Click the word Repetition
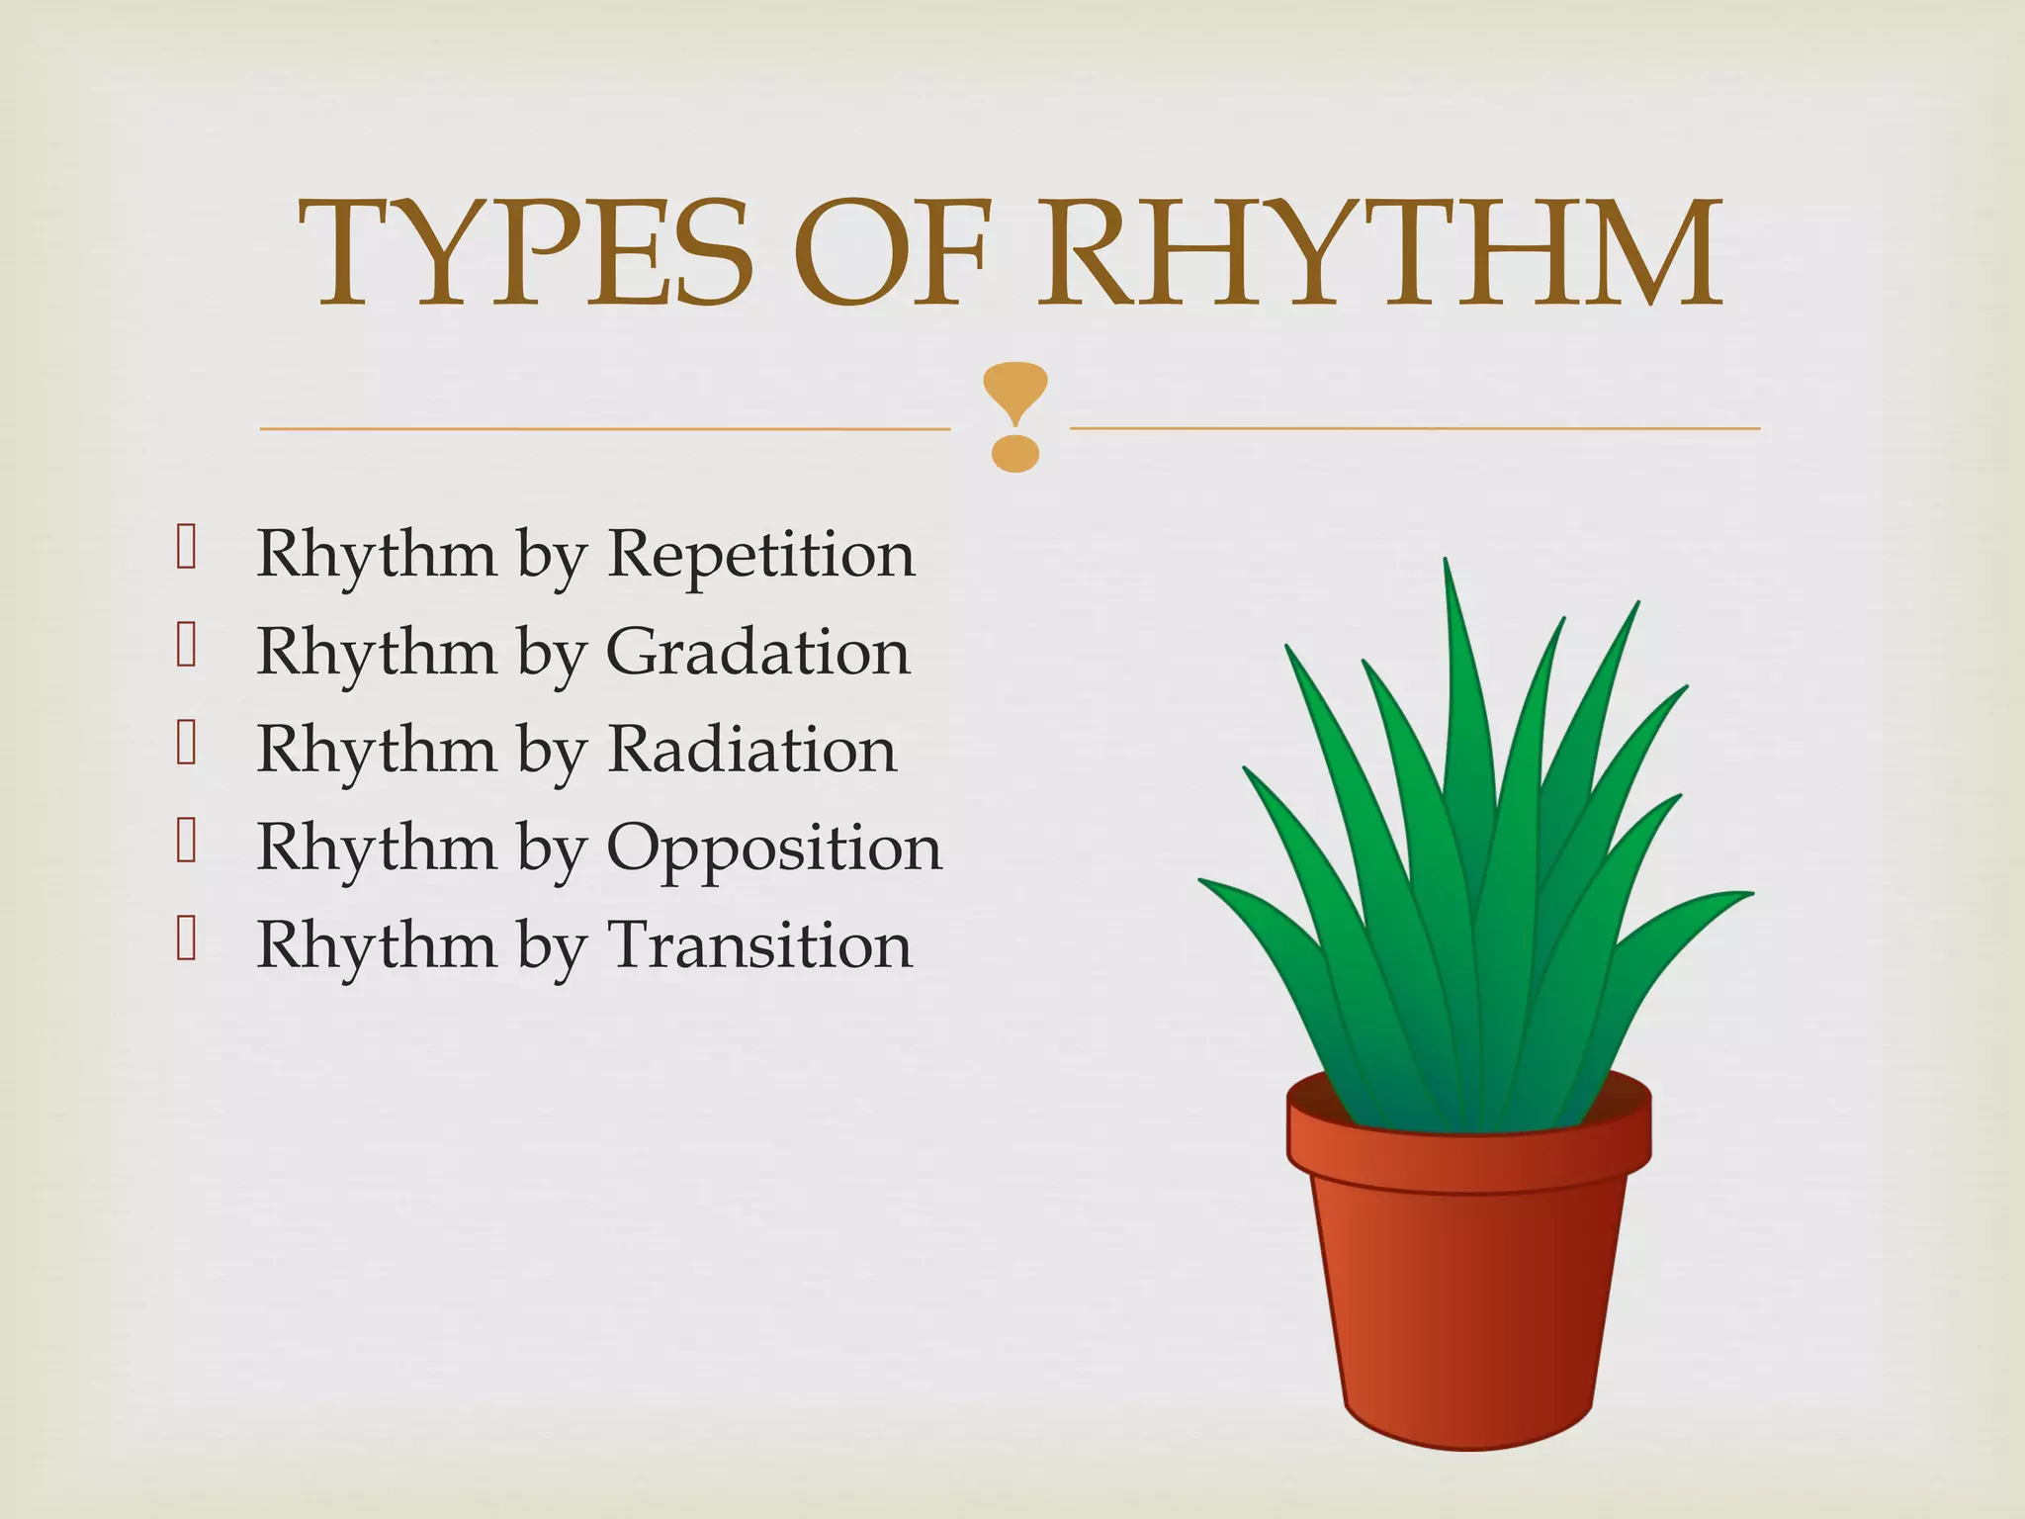[761, 555]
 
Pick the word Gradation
[757, 653]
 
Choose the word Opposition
[774, 849]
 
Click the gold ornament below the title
[1014, 415]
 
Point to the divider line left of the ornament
[603, 429]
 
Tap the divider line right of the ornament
[1414, 428]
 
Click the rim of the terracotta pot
[1468, 1157]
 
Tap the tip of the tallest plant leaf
[1447, 564]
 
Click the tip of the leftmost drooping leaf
[1202, 880]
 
